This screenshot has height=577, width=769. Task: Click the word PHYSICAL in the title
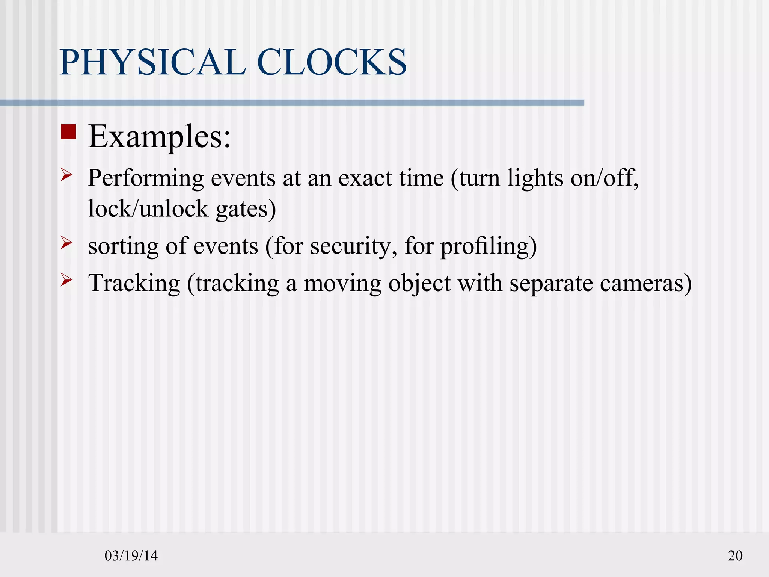(152, 62)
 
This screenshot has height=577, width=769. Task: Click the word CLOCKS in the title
(332, 62)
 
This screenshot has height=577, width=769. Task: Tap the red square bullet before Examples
(68, 132)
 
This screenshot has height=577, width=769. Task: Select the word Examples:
(159, 137)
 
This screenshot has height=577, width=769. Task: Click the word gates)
(246, 209)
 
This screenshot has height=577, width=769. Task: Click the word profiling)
(489, 247)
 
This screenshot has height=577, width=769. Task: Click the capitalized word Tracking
(134, 283)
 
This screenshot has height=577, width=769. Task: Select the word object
(419, 283)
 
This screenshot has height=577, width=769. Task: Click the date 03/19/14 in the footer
(131, 556)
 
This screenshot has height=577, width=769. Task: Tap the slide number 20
(735, 556)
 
